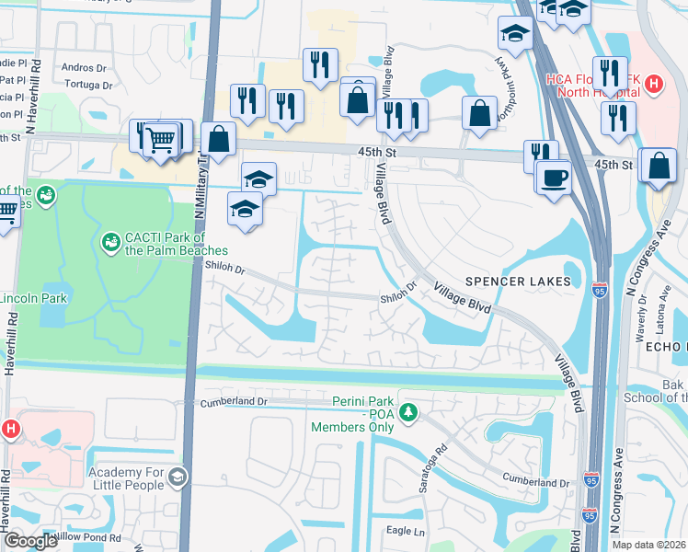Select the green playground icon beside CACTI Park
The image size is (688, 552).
pyautogui.click(x=109, y=242)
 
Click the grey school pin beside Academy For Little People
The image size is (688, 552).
pyautogui.click(x=177, y=477)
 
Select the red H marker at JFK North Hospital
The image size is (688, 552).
pyautogui.click(x=654, y=86)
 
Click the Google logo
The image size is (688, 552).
pyautogui.click(x=30, y=541)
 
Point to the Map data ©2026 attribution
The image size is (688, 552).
pyautogui.click(x=648, y=545)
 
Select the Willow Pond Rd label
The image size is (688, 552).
pyautogui.click(x=87, y=537)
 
